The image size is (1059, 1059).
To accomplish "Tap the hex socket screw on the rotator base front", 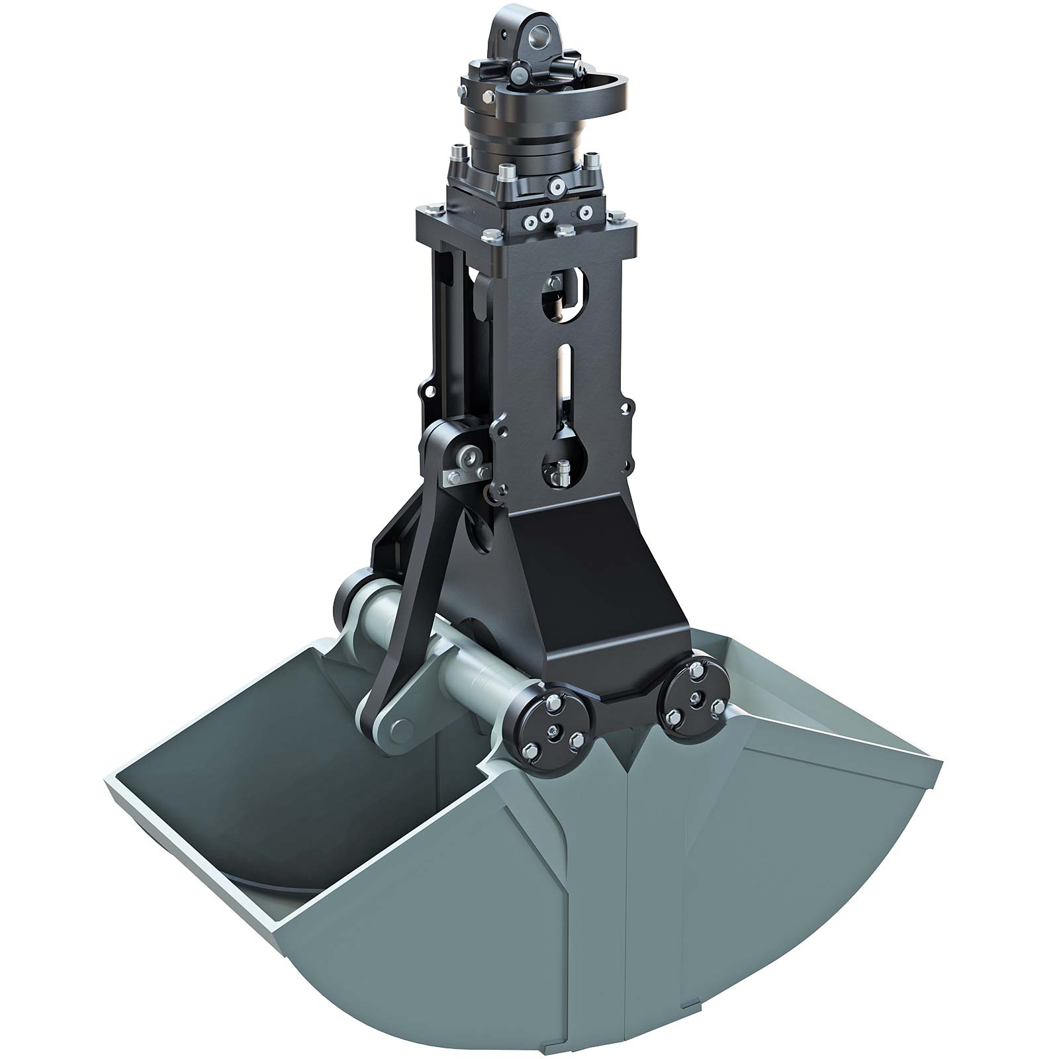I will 557,189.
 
